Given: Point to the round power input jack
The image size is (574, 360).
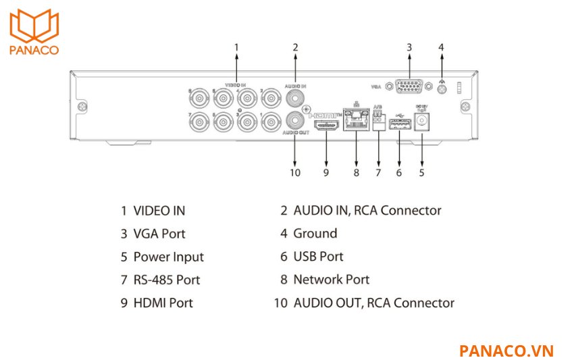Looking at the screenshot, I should click(x=423, y=122).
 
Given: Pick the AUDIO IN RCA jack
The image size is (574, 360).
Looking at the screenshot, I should click(x=295, y=98).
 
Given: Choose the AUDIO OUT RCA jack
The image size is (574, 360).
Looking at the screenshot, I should click(x=295, y=121).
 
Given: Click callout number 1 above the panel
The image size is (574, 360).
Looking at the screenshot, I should click(x=236, y=47).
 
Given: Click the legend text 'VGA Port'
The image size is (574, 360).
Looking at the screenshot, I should click(x=159, y=234).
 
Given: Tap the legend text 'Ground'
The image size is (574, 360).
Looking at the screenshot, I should click(x=315, y=234).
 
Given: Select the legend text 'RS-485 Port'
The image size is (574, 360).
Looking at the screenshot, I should click(x=167, y=280).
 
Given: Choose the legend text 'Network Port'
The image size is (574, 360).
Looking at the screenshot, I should click(x=331, y=280).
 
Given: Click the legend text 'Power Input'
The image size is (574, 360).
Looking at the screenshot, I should click(x=168, y=257).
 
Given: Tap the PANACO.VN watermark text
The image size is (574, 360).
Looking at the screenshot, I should click(x=506, y=351).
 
